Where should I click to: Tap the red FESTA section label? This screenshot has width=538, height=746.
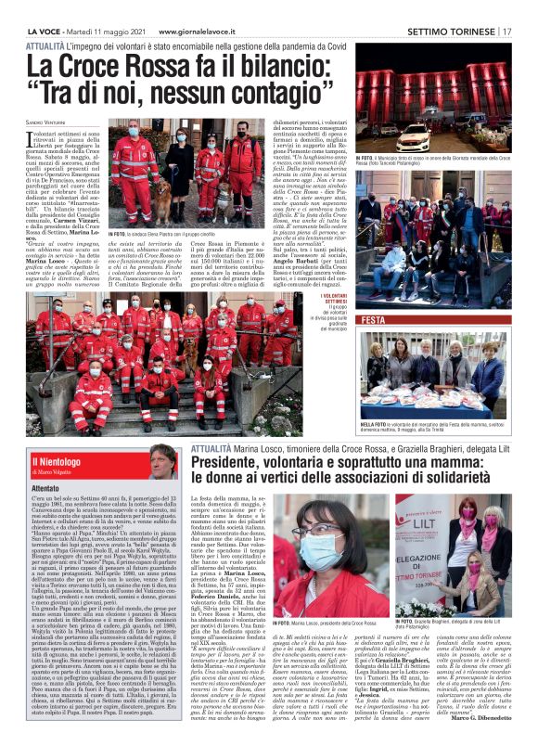(374, 319)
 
